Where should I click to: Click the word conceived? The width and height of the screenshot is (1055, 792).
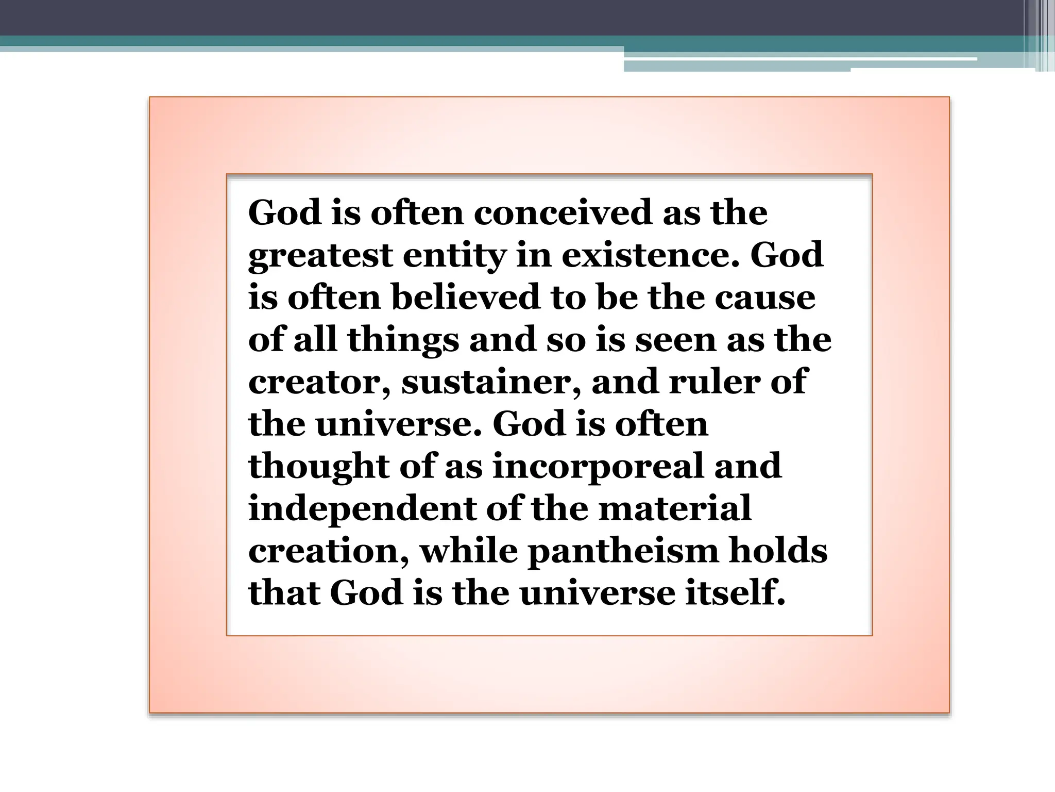(563, 212)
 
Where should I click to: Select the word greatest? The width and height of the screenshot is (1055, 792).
(320, 256)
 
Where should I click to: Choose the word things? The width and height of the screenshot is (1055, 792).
(403, 340)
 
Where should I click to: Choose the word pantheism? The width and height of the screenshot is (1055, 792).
(623, 551)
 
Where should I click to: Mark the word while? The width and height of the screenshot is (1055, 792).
(469, 551)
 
